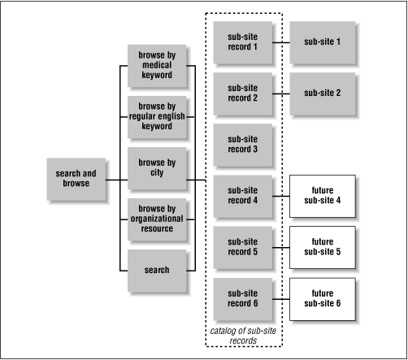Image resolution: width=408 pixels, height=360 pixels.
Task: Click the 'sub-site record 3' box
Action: pos(241,145)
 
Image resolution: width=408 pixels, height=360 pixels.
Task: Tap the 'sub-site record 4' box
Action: pos(241,195)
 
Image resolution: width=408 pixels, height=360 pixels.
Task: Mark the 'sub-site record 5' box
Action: pos(241,246)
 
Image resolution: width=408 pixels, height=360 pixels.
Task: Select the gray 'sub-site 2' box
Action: pos(323,93)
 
